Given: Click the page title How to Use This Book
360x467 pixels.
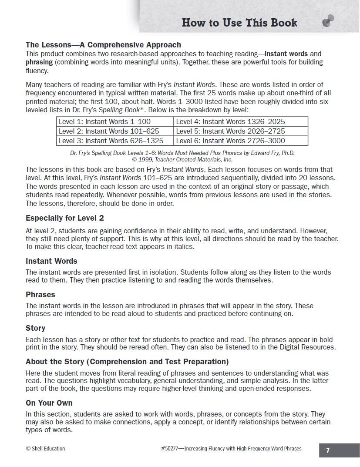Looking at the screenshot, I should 239,23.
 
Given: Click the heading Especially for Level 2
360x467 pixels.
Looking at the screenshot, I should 64,218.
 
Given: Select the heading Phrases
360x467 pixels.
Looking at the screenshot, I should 40,295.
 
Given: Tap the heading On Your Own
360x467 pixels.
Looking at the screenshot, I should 49,403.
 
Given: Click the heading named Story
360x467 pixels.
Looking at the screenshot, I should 35,328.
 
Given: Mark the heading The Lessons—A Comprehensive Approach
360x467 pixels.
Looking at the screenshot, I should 103,45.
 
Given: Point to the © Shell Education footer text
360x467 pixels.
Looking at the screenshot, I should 45,449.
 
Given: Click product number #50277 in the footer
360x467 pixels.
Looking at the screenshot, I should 171,449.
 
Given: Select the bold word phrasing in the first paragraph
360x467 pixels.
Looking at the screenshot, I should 39,62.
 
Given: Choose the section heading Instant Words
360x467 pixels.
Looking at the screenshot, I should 51,261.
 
